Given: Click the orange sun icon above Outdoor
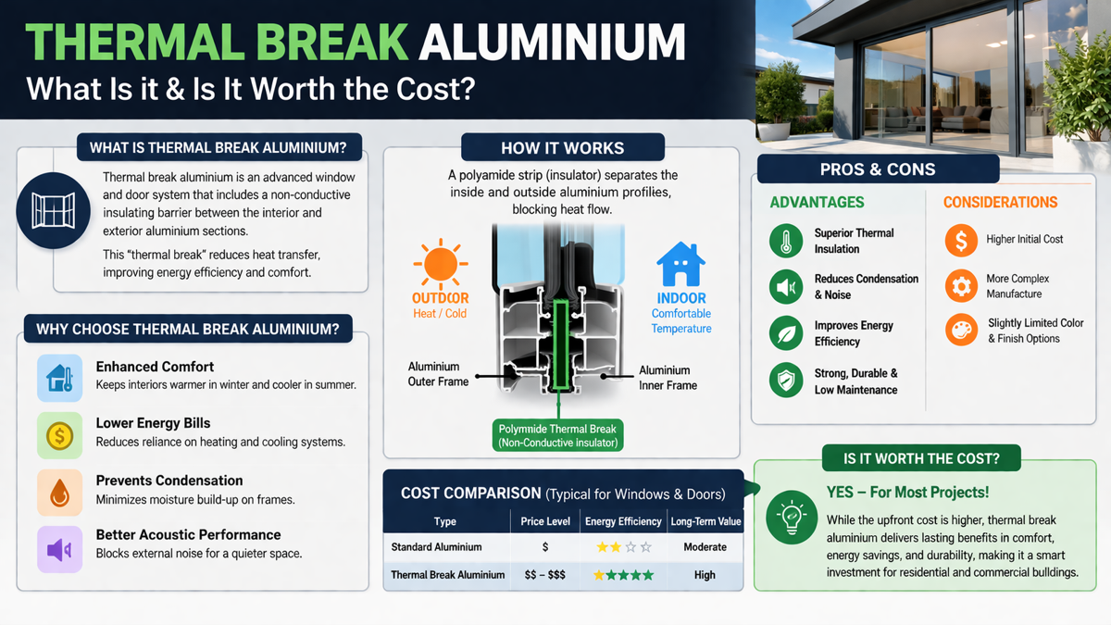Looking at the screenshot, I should click(x=440, y=263).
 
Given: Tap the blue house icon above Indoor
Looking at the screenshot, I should click(x=680, y=265).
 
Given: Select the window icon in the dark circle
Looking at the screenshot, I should click(x=53, y=210).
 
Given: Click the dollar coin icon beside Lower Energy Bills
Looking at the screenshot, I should click(x=60, y=436).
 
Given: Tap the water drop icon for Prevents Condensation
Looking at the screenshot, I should click(x=60, y=492).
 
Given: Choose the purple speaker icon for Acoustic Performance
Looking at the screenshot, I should click(x=60, y=550).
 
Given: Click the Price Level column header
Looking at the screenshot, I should click(x=545, y=521).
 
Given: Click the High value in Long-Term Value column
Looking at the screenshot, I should click(x=705, y=575).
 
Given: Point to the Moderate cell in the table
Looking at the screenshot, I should click(x=705, y=547).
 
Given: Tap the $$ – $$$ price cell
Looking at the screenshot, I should click(x=545, y=575).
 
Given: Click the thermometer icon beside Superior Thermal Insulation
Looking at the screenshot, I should click(x=786, y=241).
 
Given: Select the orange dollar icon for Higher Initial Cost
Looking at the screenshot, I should click(x=961, y=240).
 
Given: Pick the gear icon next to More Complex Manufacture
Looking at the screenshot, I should click(x=961, y=286).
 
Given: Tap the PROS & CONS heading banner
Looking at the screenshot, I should click(x=878, y=169).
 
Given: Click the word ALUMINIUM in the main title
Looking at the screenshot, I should click(x=552, y=43).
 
